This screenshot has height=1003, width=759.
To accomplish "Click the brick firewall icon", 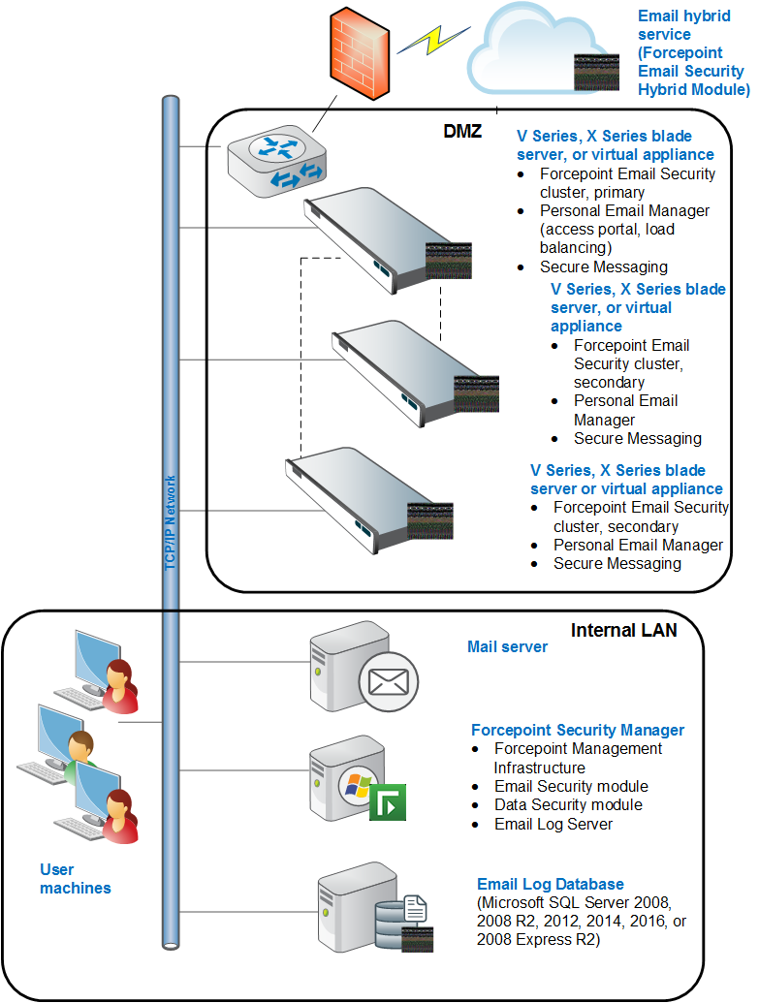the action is [359, 53].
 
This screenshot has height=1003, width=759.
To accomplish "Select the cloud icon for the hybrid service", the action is [544, 48].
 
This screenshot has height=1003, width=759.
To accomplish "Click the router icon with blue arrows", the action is [277, 161].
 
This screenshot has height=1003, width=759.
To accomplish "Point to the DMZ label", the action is [462, 131].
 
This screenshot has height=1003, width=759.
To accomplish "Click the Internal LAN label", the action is [623, 631].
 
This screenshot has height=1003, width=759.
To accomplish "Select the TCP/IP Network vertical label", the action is [171, 522].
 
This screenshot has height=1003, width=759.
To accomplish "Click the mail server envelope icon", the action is [389, 681].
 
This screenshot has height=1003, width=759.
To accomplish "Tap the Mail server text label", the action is [507, 646].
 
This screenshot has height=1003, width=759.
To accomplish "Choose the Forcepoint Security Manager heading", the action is [578, 730].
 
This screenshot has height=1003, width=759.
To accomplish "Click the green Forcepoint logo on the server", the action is [388, 802].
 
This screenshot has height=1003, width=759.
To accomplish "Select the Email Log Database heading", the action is [551, 884].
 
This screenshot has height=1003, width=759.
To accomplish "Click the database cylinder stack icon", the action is [391, 925].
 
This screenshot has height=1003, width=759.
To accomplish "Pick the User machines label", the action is [75, 879].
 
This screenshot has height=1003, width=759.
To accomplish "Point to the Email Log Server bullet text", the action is [553, 824].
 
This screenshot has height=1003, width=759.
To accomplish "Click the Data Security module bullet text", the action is [568, 804].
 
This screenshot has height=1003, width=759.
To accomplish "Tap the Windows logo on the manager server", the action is [358, 785].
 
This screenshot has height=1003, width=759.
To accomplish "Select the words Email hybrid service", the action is [683, 25].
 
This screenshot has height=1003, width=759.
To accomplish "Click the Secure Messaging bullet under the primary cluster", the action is [604, 266].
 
